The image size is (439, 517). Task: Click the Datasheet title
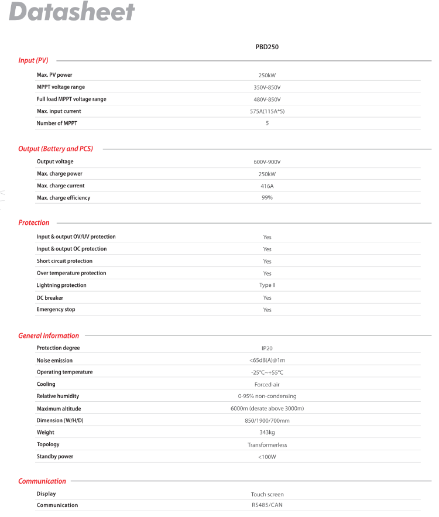point(73,12)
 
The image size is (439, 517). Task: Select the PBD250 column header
point(267,47)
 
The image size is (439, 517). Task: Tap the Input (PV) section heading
point(33,60)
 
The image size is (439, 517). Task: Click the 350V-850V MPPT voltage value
point(267,87)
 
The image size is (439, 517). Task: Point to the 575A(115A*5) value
point(267,111)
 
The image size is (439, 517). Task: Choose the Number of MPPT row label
point(57,124)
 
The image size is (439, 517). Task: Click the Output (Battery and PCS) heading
point(56,149)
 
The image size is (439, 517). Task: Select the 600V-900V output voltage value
point(267,162)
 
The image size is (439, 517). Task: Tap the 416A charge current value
point(267,186)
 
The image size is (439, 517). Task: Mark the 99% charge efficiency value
point(267,198)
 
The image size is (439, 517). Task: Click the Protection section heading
point(34,222)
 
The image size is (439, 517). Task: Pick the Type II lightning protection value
point(267,286)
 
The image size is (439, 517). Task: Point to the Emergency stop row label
point(56,310)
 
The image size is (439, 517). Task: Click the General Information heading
point(49,335)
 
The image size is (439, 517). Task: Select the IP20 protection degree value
point(267,348)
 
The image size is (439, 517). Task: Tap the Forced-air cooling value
point(267,385)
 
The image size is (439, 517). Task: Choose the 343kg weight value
point(267,433)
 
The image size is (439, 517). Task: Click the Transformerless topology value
point(267,445)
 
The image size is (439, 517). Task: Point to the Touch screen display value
point(267,495)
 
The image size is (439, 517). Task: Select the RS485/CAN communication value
point(267,505)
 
